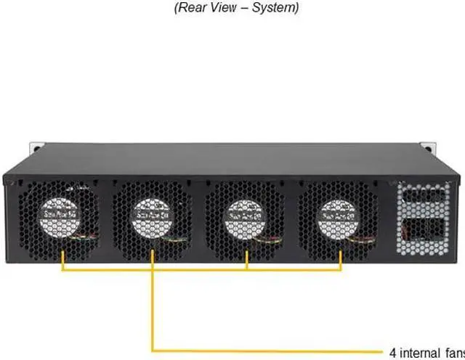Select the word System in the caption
(275, 9)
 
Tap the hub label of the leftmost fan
(58, 216)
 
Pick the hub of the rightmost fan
(339, 216)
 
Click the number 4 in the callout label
(393, 353)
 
